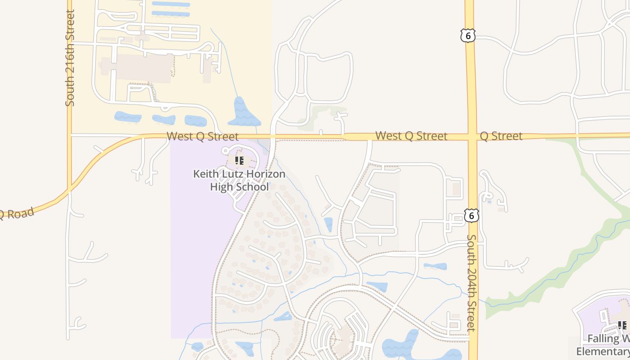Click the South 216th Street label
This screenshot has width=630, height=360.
pyautogui.click(x=70, y=58)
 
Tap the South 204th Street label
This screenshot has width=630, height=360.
pyautogui.click(x=471, y=283)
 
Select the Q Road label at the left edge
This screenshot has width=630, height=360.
pyautogui.click(x=16, y=213)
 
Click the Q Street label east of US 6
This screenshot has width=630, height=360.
pyautogui.click(x=501, y=136)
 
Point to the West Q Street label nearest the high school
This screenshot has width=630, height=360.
pyautogui.click(x=202, y=136)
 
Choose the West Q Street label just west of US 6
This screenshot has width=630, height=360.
pyautogui.click(x=411, y=136)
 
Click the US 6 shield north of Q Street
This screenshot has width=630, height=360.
pyautogui.click(x=468, y=36)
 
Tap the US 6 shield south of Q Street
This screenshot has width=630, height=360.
pyautogui.click(x=471, y=216)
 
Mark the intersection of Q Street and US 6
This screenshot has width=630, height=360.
pyautogui.click(x=471, y=136)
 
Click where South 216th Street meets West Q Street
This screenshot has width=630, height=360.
pyautogui.click(x=70, y=134)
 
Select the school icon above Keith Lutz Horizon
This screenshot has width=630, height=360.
pyautogui.click(x=239, y=160)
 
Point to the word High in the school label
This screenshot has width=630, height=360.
pyautogui.click(x=221, y=186)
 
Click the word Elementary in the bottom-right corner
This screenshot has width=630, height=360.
pyautogui.click(x=603, y=351)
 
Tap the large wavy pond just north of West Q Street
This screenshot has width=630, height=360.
pyautogui.click(x=243, y=112)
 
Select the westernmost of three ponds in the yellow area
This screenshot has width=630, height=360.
pyautogui.click(x=128, y=117)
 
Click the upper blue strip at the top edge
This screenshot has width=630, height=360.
pyautogui.click(x=171, y=4)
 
